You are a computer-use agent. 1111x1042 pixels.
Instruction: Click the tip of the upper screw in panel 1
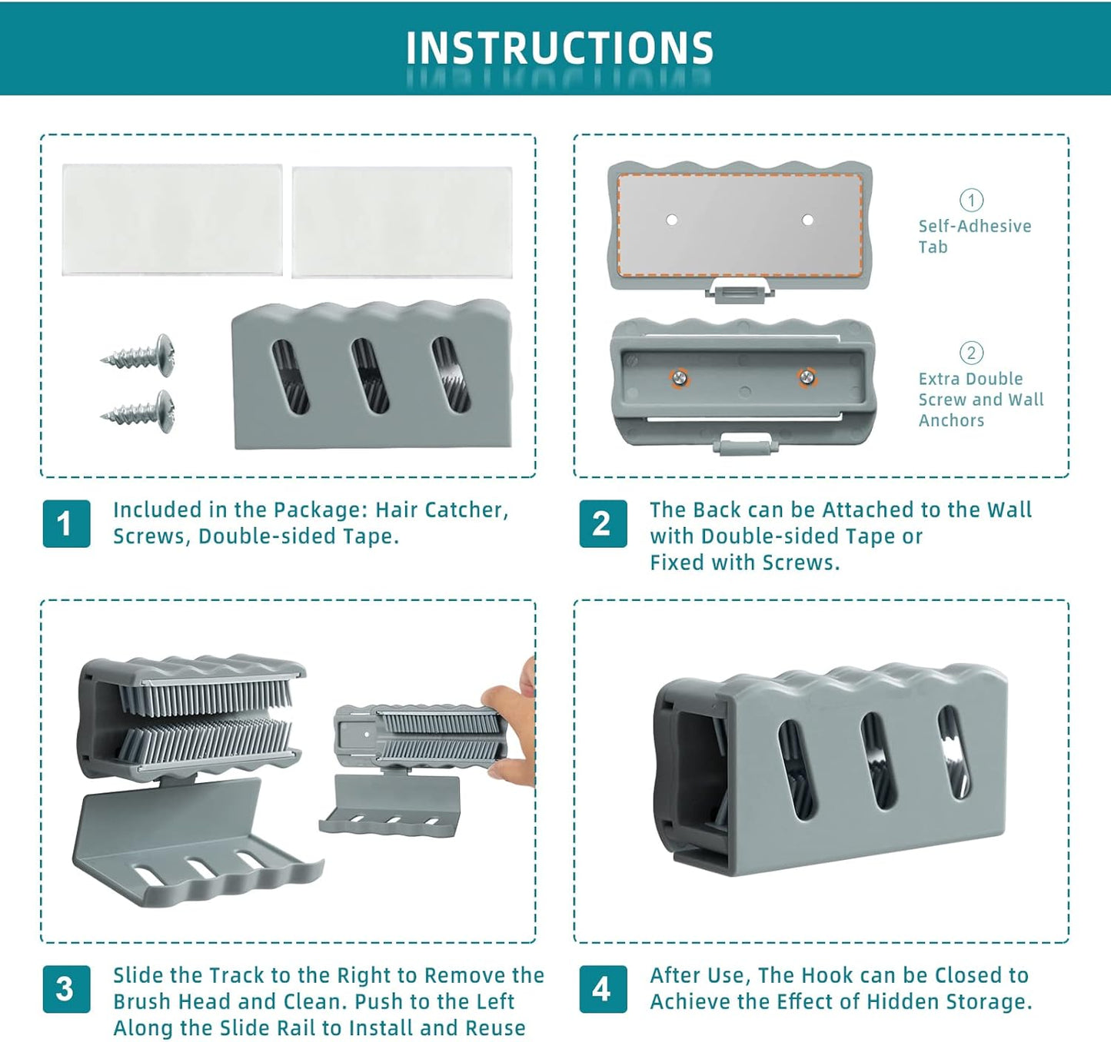coord(101,360)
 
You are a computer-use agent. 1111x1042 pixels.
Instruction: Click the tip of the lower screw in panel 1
coord(101,416)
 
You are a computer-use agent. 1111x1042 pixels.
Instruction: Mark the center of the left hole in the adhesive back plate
coord(672,220)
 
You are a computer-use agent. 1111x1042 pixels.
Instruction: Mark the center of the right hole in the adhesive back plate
coord(807,220)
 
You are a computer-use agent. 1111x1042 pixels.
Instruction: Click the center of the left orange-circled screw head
coord(680,379)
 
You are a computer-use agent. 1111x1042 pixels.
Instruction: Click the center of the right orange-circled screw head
coord(807,377)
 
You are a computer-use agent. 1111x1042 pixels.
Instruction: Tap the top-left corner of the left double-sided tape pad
coord(62,164)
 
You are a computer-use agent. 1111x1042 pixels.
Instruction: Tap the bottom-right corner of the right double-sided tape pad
coord(512,277)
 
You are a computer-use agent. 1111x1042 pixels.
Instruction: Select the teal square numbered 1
coord(67,523)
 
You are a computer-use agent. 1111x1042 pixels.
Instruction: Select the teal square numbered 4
coord(603,989)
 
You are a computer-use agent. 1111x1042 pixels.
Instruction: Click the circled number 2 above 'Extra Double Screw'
coord(971,353)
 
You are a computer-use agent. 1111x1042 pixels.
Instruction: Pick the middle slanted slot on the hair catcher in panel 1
coord(370,375)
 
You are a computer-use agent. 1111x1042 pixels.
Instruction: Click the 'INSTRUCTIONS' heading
coord(560,48)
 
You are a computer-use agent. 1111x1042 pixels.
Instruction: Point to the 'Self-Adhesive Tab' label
coord(974,236)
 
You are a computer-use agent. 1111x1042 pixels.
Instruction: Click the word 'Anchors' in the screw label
coord(951,420)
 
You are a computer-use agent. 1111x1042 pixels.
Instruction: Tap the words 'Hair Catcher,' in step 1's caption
coord(441,510)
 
